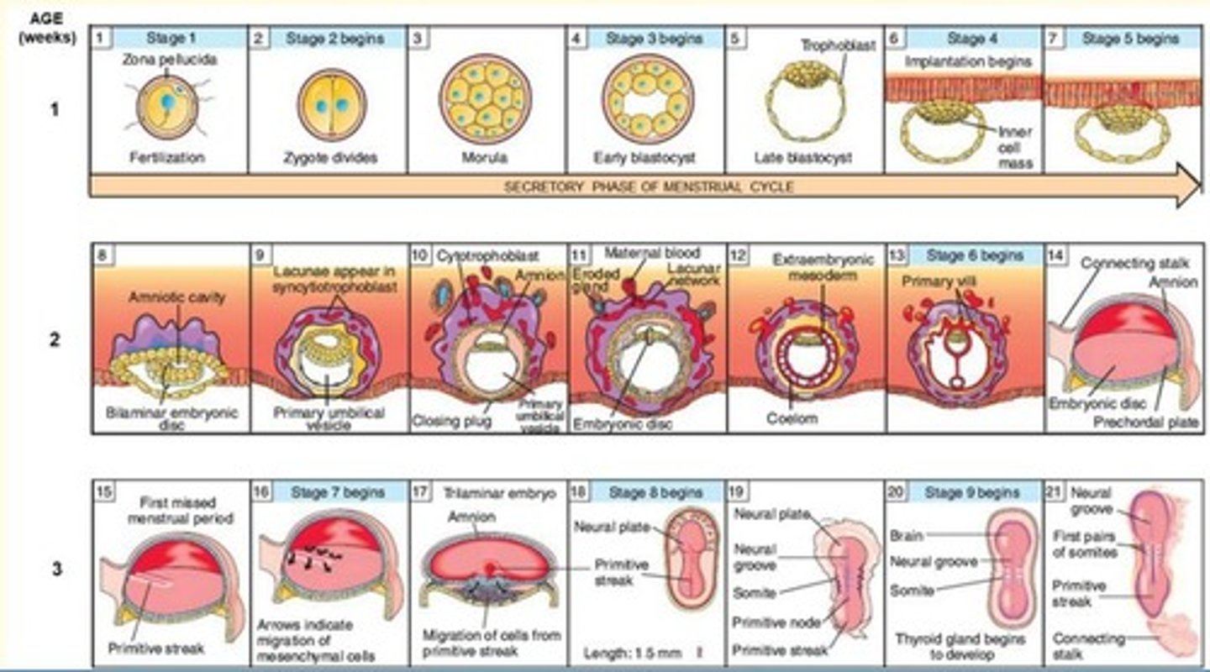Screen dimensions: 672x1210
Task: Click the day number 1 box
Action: [x=101, y=38]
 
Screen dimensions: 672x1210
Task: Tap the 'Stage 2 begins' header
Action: [x=334, y=39]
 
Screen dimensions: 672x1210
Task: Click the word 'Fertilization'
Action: [x=168, y=157]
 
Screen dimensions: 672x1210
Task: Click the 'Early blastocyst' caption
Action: [x=645, y=158]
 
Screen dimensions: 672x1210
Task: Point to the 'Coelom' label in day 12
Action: [x=791, y=417]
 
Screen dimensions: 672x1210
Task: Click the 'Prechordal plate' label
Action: [x=1145, y=422]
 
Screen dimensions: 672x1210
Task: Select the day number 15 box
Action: [x=105, y=492]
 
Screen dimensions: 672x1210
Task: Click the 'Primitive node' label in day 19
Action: [x=771, y=622]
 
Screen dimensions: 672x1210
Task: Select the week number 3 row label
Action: [x=56, y=570]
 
